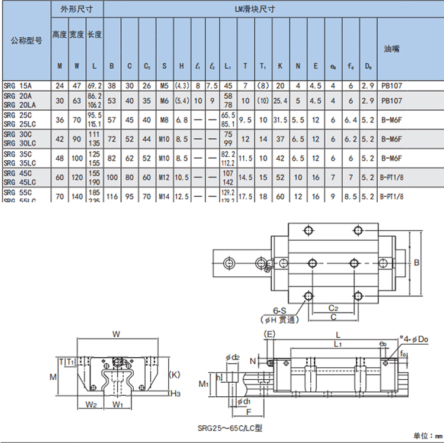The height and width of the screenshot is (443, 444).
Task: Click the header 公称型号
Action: pyautogui.click(x=26, y=41)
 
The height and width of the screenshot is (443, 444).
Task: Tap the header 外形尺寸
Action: pyautogui.click(x=76, y=9)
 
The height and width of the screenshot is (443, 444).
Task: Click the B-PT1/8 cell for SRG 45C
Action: pyautogui.click(x=391, y=177)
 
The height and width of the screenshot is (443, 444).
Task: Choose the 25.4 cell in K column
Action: pyautogui.click(x=280, y=101)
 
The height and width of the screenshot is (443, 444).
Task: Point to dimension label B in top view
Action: pyautogui.click(x=416, y=263)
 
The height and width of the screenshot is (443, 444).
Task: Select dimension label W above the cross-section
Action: pyautogui.click(x=116, y=334)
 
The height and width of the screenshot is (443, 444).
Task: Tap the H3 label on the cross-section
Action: pyautogui.click(x=176, y=393)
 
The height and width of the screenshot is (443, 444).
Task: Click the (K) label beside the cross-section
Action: pyautogui.click(x=175, y=374)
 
